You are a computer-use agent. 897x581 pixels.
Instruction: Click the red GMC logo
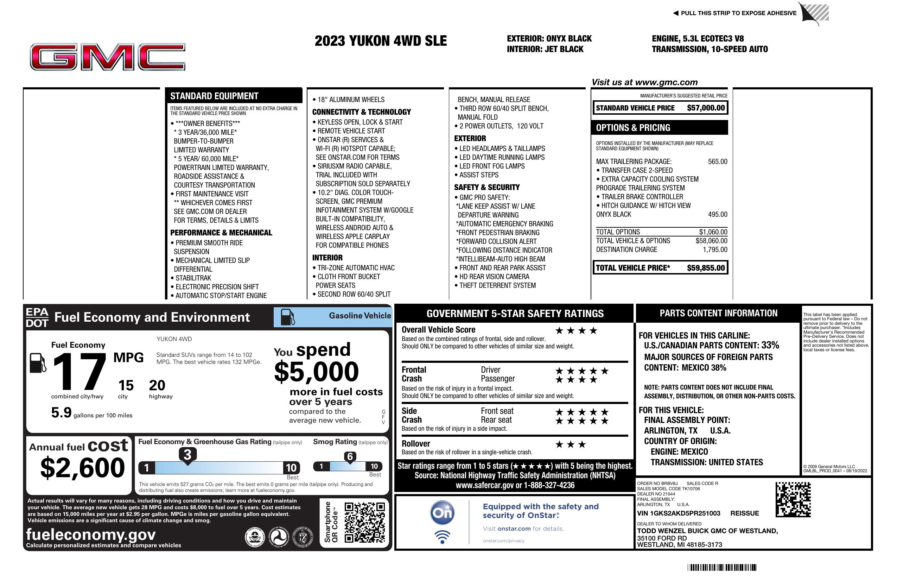[107, 57]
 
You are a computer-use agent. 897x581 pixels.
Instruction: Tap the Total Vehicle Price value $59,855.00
[705, 268]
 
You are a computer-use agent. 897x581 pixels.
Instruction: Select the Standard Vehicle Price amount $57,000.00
[705, 108]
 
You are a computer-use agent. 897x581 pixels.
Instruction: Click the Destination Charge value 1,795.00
[714, 250]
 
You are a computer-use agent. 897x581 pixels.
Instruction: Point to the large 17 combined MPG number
[79, 372]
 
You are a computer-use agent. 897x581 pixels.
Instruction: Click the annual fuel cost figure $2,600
[82, 468]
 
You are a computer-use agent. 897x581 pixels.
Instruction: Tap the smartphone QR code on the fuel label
[364, 522]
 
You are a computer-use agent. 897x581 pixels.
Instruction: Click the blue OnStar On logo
[442, 513]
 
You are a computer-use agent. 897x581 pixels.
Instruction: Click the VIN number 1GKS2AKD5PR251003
[678, 513]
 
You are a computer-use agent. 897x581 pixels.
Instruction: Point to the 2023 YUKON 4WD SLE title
[380, 41]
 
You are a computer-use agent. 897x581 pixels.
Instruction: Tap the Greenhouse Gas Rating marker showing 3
[187, 455]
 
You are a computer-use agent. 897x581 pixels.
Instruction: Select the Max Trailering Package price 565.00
[717, 162]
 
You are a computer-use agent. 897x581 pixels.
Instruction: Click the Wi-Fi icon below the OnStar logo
[442, 537]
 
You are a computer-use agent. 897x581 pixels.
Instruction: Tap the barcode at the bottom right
[721, 567]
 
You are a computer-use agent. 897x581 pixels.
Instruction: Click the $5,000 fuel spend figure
[316, 372]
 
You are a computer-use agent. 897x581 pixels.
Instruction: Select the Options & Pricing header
[633, 128]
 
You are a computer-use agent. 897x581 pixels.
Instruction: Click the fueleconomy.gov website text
[91, 535]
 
